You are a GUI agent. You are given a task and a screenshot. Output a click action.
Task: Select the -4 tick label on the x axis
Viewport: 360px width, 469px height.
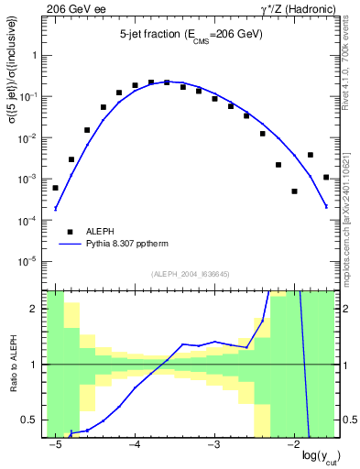[134, 444]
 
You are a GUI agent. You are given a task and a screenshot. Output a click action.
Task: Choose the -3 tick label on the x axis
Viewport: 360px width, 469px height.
[213, 444]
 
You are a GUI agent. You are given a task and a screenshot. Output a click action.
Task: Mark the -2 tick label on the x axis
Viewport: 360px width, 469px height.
[292, 444]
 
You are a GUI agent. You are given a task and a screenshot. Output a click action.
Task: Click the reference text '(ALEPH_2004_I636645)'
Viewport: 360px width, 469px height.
[190, 272]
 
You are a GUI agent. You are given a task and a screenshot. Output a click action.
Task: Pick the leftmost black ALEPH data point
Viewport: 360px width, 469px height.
[55, 188]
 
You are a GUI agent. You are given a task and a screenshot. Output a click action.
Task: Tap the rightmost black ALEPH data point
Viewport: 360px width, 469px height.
[326, 177]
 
